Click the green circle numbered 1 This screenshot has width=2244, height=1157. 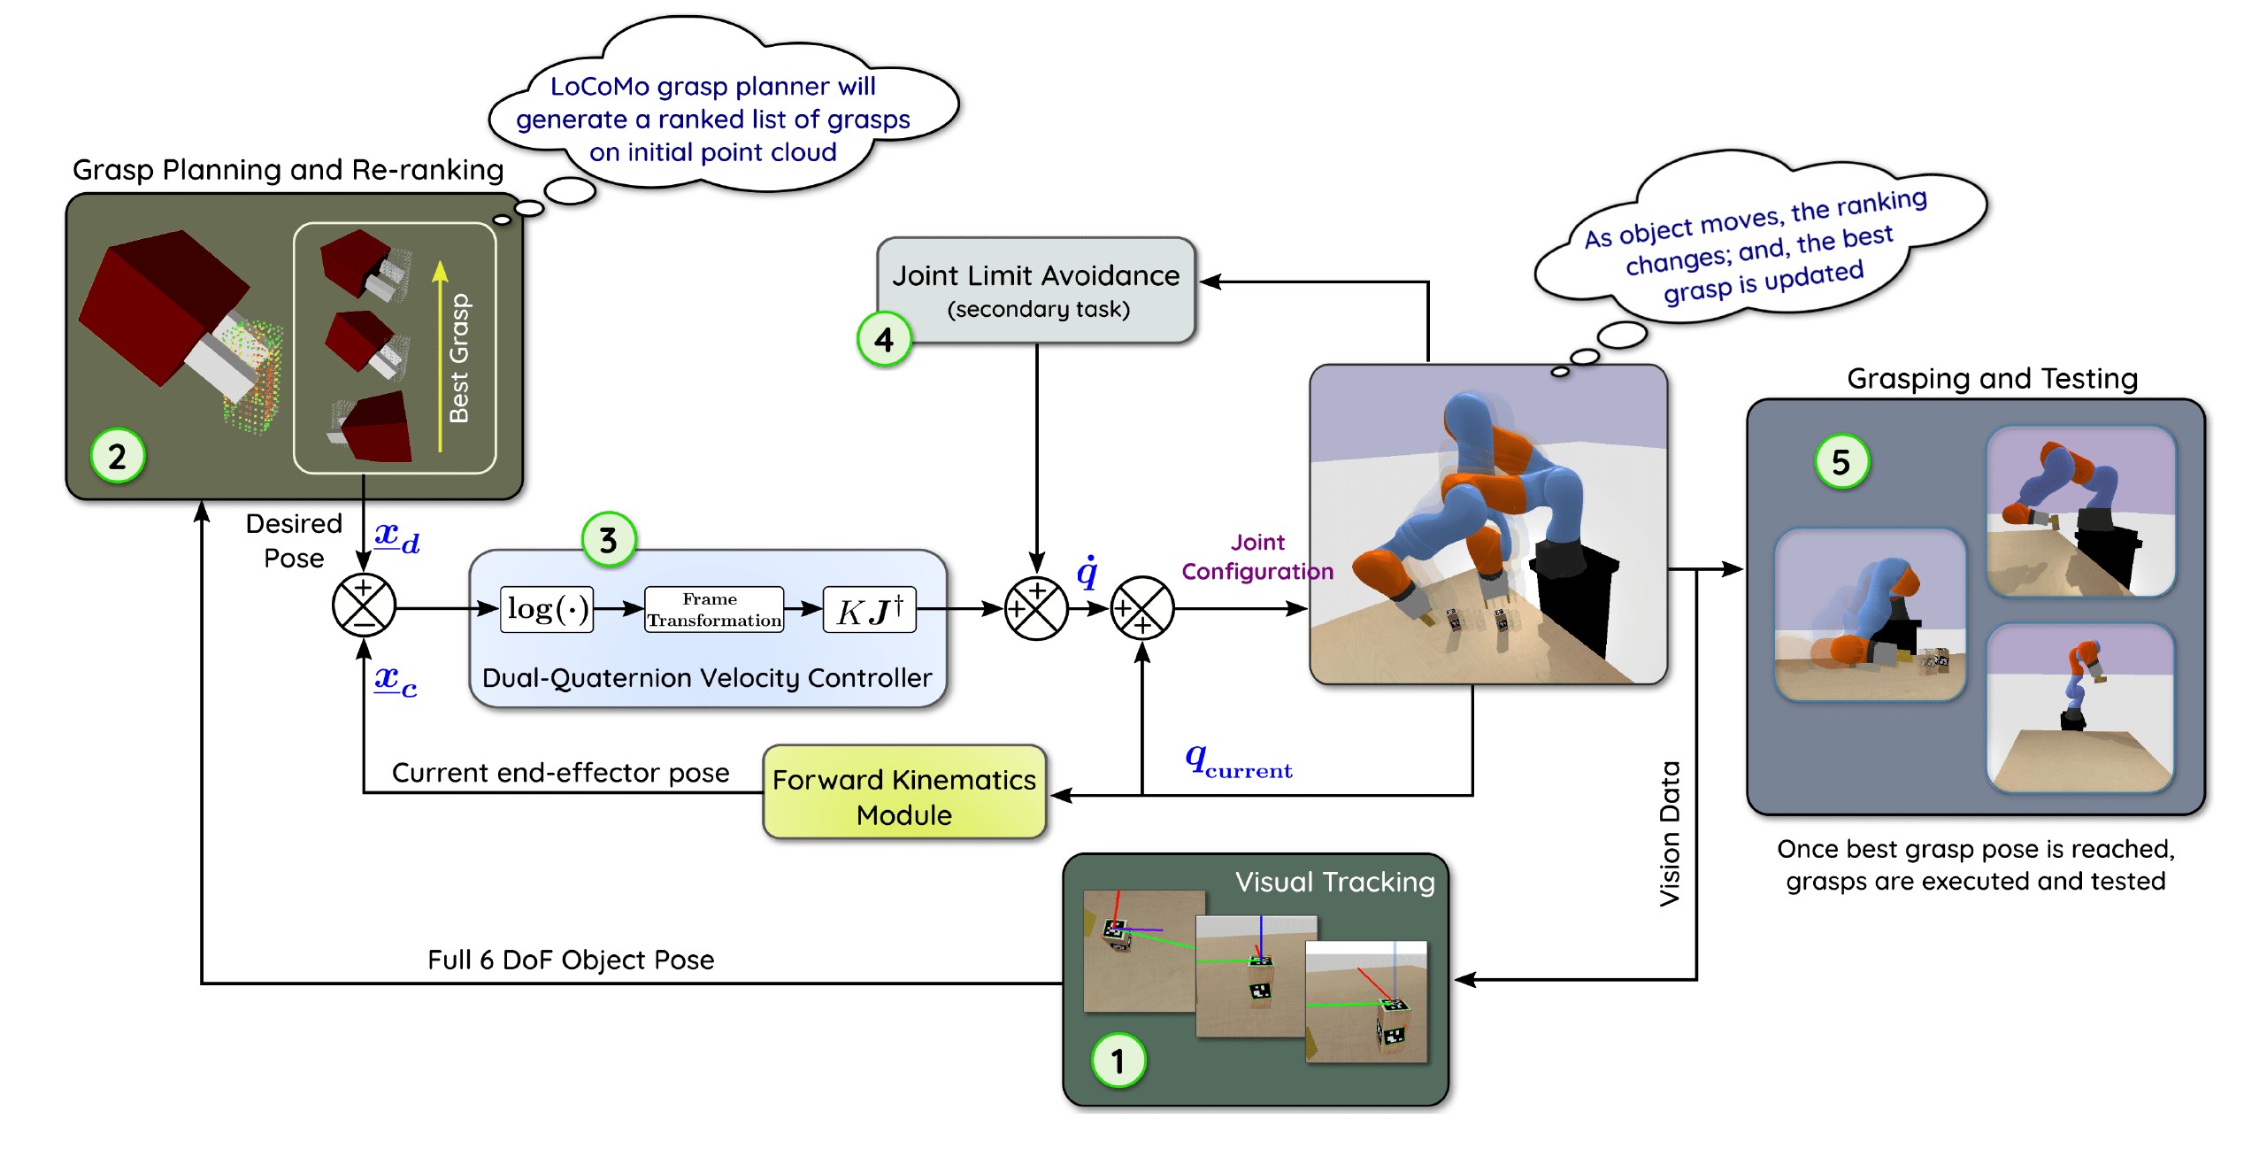pyautogui.click(x=1118, y=1060)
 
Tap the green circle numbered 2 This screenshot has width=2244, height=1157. pyautogui.click(x=118, y=456)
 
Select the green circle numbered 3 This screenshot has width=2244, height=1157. pyautogui.click(x=609, y=539)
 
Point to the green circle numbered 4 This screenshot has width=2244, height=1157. pyautogui.click(x=884, y=339)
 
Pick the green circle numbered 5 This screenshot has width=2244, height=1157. pyautogui.click(x=1841, y=461)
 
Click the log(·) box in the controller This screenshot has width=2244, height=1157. pyautogui.click(x=547, y=609)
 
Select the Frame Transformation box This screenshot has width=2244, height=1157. pyautogui.click(x=714, y=609)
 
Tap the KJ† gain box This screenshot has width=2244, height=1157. pyautogui.click(x=869, y=609)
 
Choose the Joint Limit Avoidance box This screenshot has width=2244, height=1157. pyautogui.click(x=1036, y=289)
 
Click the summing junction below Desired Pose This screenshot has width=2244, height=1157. pyautogui.click(x=364, y=605)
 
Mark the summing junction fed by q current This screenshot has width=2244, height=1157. pyautogui.click(x=1141, y=608)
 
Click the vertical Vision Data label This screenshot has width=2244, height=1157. pyautogui.click(x=1669, y=832)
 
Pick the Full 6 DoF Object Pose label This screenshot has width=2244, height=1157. pyautogui.click(x=571, y=960)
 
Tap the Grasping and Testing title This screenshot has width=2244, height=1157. pyautogui.click(x=1992, y=378)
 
